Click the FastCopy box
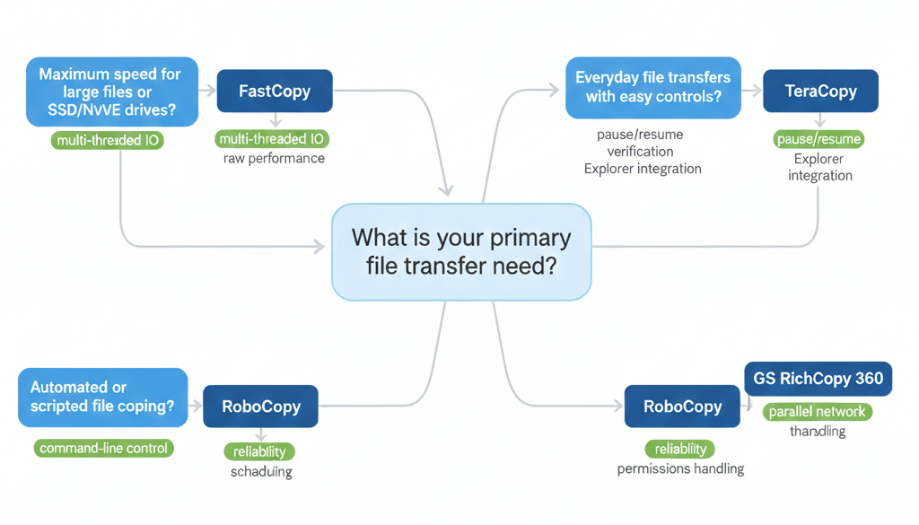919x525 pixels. (275, 91)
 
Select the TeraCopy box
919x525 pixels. (819, 91)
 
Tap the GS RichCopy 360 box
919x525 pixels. (818, 379)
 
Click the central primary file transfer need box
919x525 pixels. (461, 252)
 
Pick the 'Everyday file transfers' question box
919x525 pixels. (652, 87)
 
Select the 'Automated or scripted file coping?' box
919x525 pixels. (102, 397)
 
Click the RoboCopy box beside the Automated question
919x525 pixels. (260, 407)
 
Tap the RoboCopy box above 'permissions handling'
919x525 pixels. (682, 407)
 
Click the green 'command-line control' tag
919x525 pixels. (102, 448)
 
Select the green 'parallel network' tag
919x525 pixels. (817, 412)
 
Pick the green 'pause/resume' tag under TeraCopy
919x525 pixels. (818, 139)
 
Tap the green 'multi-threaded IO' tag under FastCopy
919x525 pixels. (274, 139)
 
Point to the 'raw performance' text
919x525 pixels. (274, 159)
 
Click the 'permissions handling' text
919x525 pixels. (680, 468)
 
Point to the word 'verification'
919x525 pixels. (641, 151)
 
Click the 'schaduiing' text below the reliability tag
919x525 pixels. (261, 472)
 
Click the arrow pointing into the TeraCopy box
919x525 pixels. (752, 90)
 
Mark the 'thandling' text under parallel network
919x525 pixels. (817, 432)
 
